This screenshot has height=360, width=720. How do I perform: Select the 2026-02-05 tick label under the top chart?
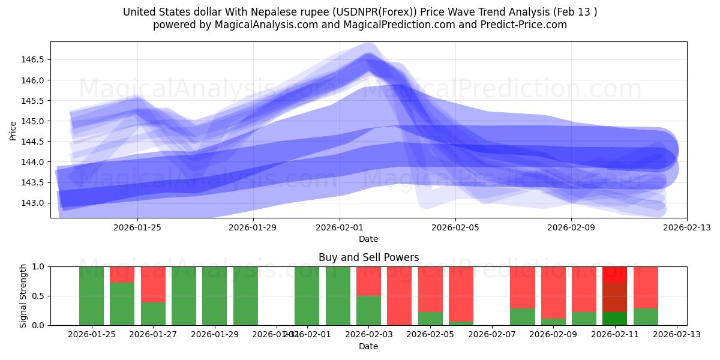[455, 227]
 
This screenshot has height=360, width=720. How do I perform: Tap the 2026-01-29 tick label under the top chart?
[253, 227]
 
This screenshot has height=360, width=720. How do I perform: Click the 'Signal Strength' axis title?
[23, 296]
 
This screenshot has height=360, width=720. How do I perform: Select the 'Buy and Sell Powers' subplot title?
[368, 257]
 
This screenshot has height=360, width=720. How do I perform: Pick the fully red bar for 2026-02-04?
[399, 296]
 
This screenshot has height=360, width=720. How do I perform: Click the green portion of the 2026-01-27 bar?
[153, 314]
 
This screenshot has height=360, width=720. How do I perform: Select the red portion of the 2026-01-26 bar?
[122, 274]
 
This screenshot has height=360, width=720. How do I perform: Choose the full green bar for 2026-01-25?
[91, 296]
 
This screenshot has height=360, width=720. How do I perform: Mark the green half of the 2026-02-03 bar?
[368, 310]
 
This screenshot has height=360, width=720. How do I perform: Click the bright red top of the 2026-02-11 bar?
[614, 274]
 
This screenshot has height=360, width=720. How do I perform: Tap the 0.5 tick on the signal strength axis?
[40, 296]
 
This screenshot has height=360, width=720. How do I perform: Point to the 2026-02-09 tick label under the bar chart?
[553, 334]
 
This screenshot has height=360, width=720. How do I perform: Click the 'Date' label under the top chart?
[368, 239]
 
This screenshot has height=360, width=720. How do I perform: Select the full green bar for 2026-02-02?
[338, 296]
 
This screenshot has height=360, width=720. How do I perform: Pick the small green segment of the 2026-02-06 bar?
[461, 323]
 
